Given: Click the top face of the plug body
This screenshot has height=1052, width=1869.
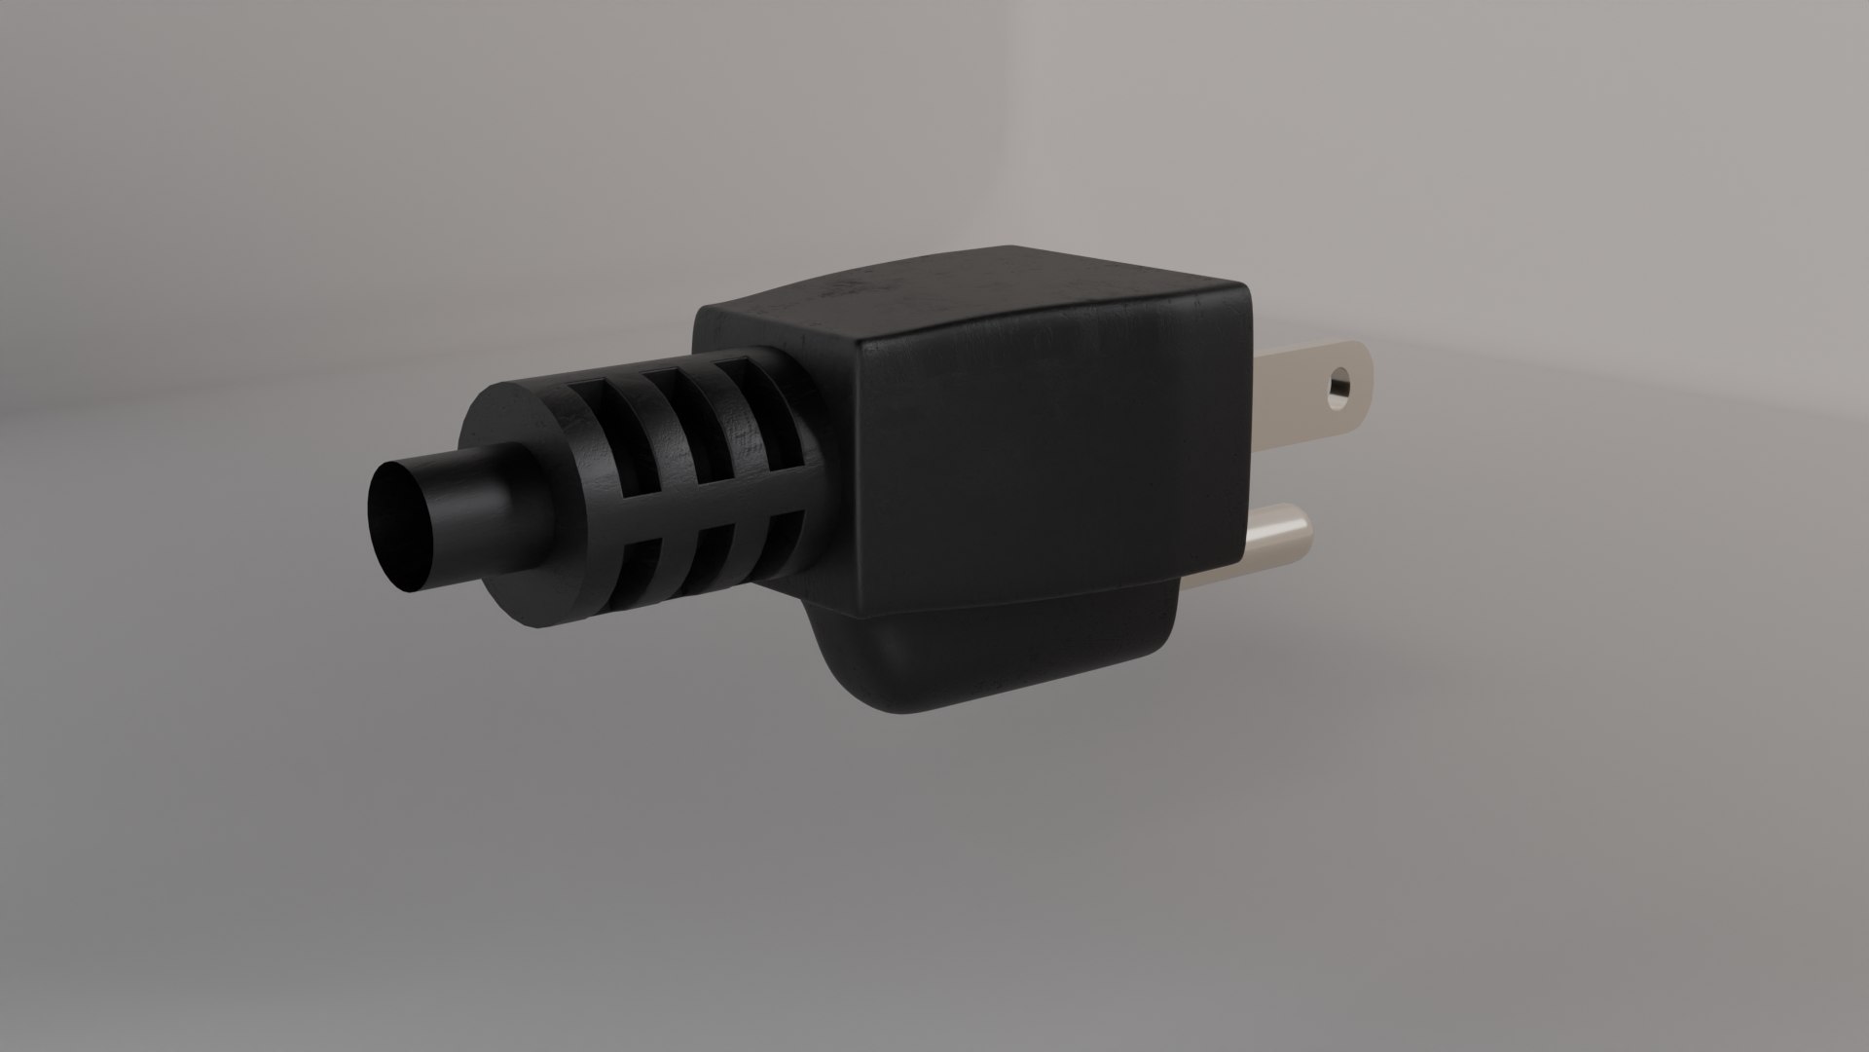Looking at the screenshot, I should (x=973, y=293).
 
